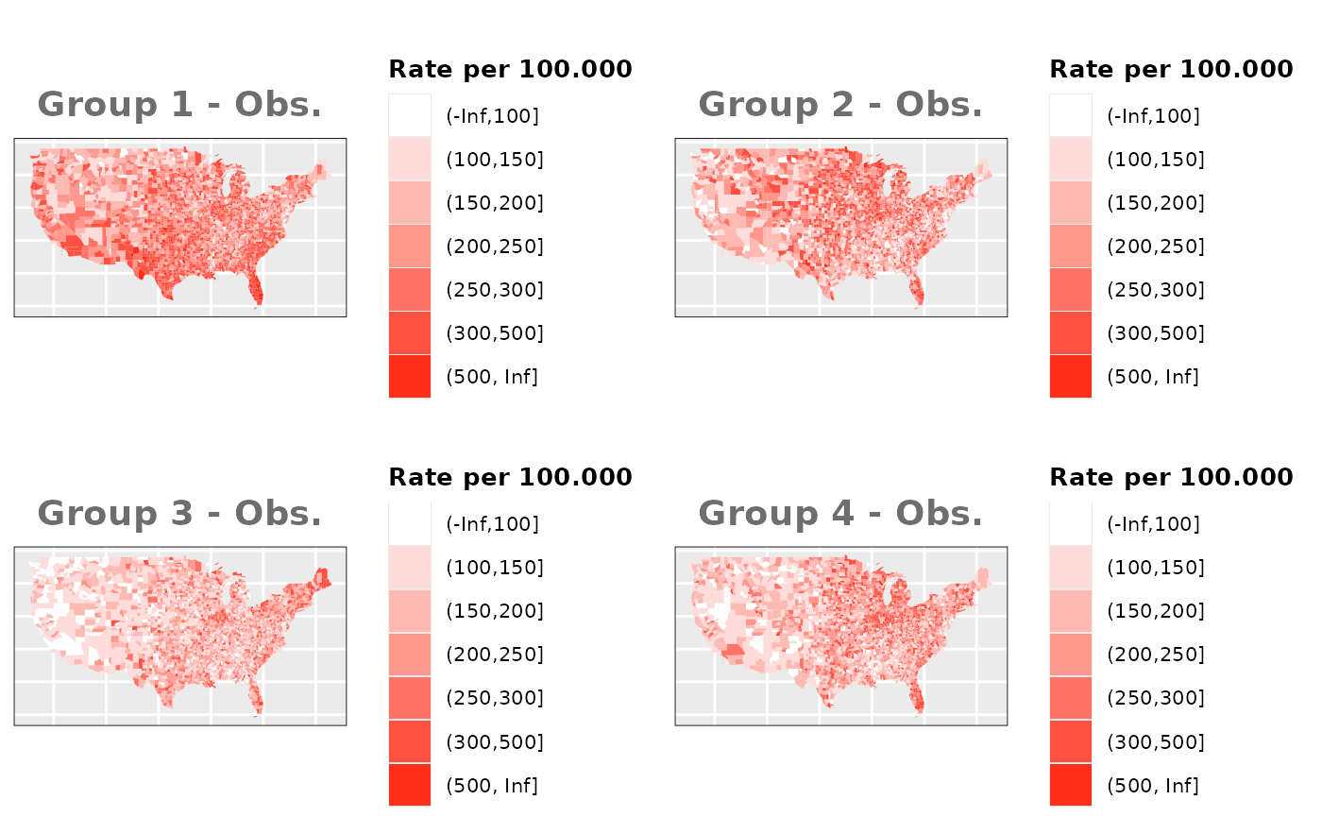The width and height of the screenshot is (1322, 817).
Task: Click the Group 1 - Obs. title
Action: (179, 105)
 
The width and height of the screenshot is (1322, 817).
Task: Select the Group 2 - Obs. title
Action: (840, 105)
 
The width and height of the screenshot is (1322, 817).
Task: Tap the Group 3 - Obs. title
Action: (179, 514)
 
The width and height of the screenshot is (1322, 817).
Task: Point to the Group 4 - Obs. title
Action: (840, 514)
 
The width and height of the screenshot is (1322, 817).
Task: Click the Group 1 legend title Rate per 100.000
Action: (510, 69)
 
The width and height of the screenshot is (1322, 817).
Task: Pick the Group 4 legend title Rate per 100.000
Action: (1171, 477)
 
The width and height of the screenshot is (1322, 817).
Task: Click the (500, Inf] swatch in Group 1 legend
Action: (410, 377)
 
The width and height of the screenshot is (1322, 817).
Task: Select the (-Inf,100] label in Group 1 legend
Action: (492, 116)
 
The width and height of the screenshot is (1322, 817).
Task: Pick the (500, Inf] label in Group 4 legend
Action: (1153, 785)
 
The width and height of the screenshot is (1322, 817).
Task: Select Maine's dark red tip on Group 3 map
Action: (323, 576)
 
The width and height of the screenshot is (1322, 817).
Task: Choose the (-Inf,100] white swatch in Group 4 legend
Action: (1071, 524)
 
